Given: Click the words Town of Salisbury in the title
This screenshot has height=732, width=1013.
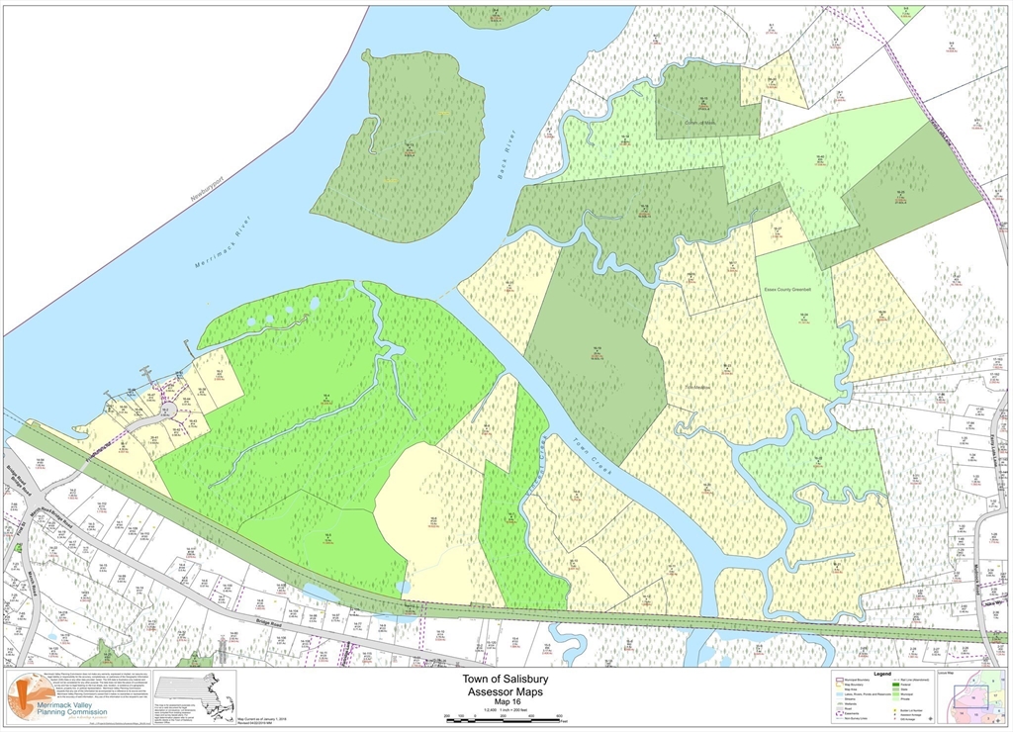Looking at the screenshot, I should [x=506, y=680].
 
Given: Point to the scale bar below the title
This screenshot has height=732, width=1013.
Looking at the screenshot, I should [x=506, y=718].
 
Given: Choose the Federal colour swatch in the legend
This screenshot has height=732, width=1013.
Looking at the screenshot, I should [x=898, y=686].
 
